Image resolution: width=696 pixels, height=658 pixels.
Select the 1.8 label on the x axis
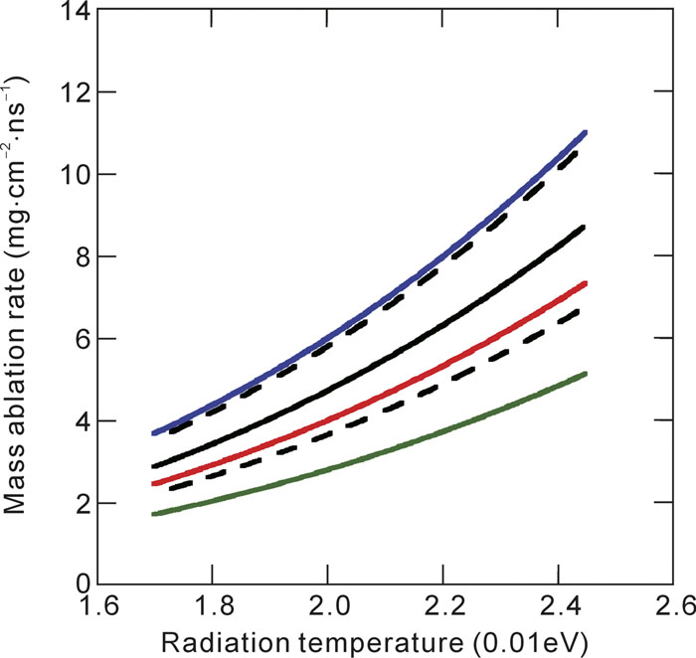(210, 606)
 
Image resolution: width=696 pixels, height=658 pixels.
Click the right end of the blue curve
(586, 132)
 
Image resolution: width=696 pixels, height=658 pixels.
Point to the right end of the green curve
(586, 374)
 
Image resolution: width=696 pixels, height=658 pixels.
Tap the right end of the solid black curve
(586, 227)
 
